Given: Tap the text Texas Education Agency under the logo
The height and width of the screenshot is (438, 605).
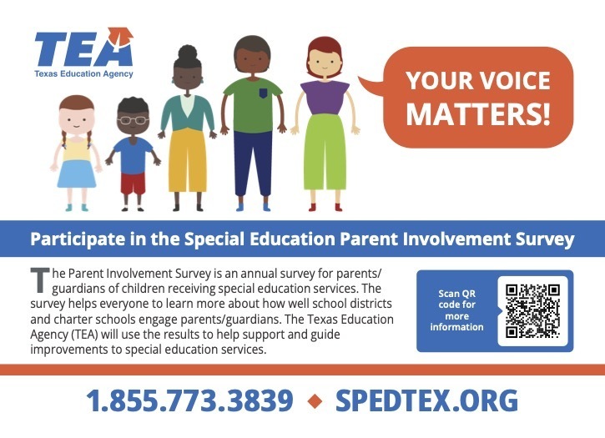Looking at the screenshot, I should tap(83, 74).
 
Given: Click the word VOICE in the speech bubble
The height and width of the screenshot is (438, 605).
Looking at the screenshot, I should tap(516, 81).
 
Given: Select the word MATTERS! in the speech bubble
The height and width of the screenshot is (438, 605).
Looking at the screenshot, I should tap(478, 113).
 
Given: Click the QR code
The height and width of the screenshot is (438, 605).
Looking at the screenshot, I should tap(532, 310).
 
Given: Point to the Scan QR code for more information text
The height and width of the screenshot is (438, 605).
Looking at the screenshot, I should tap(456, 310).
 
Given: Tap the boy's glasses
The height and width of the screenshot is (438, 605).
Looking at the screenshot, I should tap(131, 120).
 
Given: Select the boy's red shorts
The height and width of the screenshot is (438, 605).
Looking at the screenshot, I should tap(133, 182).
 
